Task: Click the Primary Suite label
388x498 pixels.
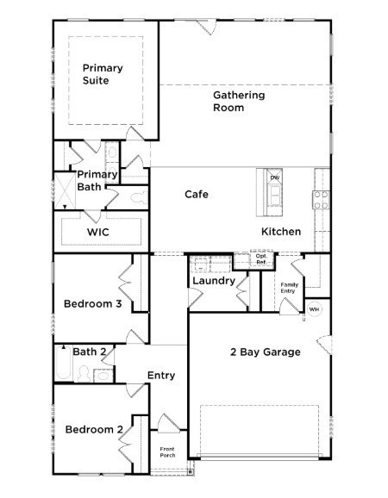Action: click(x=103, y=74)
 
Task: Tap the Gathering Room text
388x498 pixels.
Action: click(x=239, y=102)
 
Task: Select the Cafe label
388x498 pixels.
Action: click(x=197, y=194)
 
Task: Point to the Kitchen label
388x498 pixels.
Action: click(x=281, y=232)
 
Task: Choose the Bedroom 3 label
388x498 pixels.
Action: click(x=92, y=303)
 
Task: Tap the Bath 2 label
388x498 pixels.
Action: click(x=90, y=352)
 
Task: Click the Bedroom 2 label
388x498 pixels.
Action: click(x=92, y=430)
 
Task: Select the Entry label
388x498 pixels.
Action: click(x=161, y=375)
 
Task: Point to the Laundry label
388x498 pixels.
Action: click(x=214, y=281)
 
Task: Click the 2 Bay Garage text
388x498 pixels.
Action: click(x=265, y=352)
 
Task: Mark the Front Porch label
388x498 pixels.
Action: click(x=168, y=452)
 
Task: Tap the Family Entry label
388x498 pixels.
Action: click(x=289, y=289)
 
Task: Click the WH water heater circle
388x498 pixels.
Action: click(x=315, y=309)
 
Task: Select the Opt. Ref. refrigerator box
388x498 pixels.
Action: click(x=261, y=259)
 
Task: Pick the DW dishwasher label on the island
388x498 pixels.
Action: click(x=275, y=177)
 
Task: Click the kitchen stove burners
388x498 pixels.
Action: click(x=321, y=200)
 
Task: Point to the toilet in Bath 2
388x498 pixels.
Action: click(x=84, y=373)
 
